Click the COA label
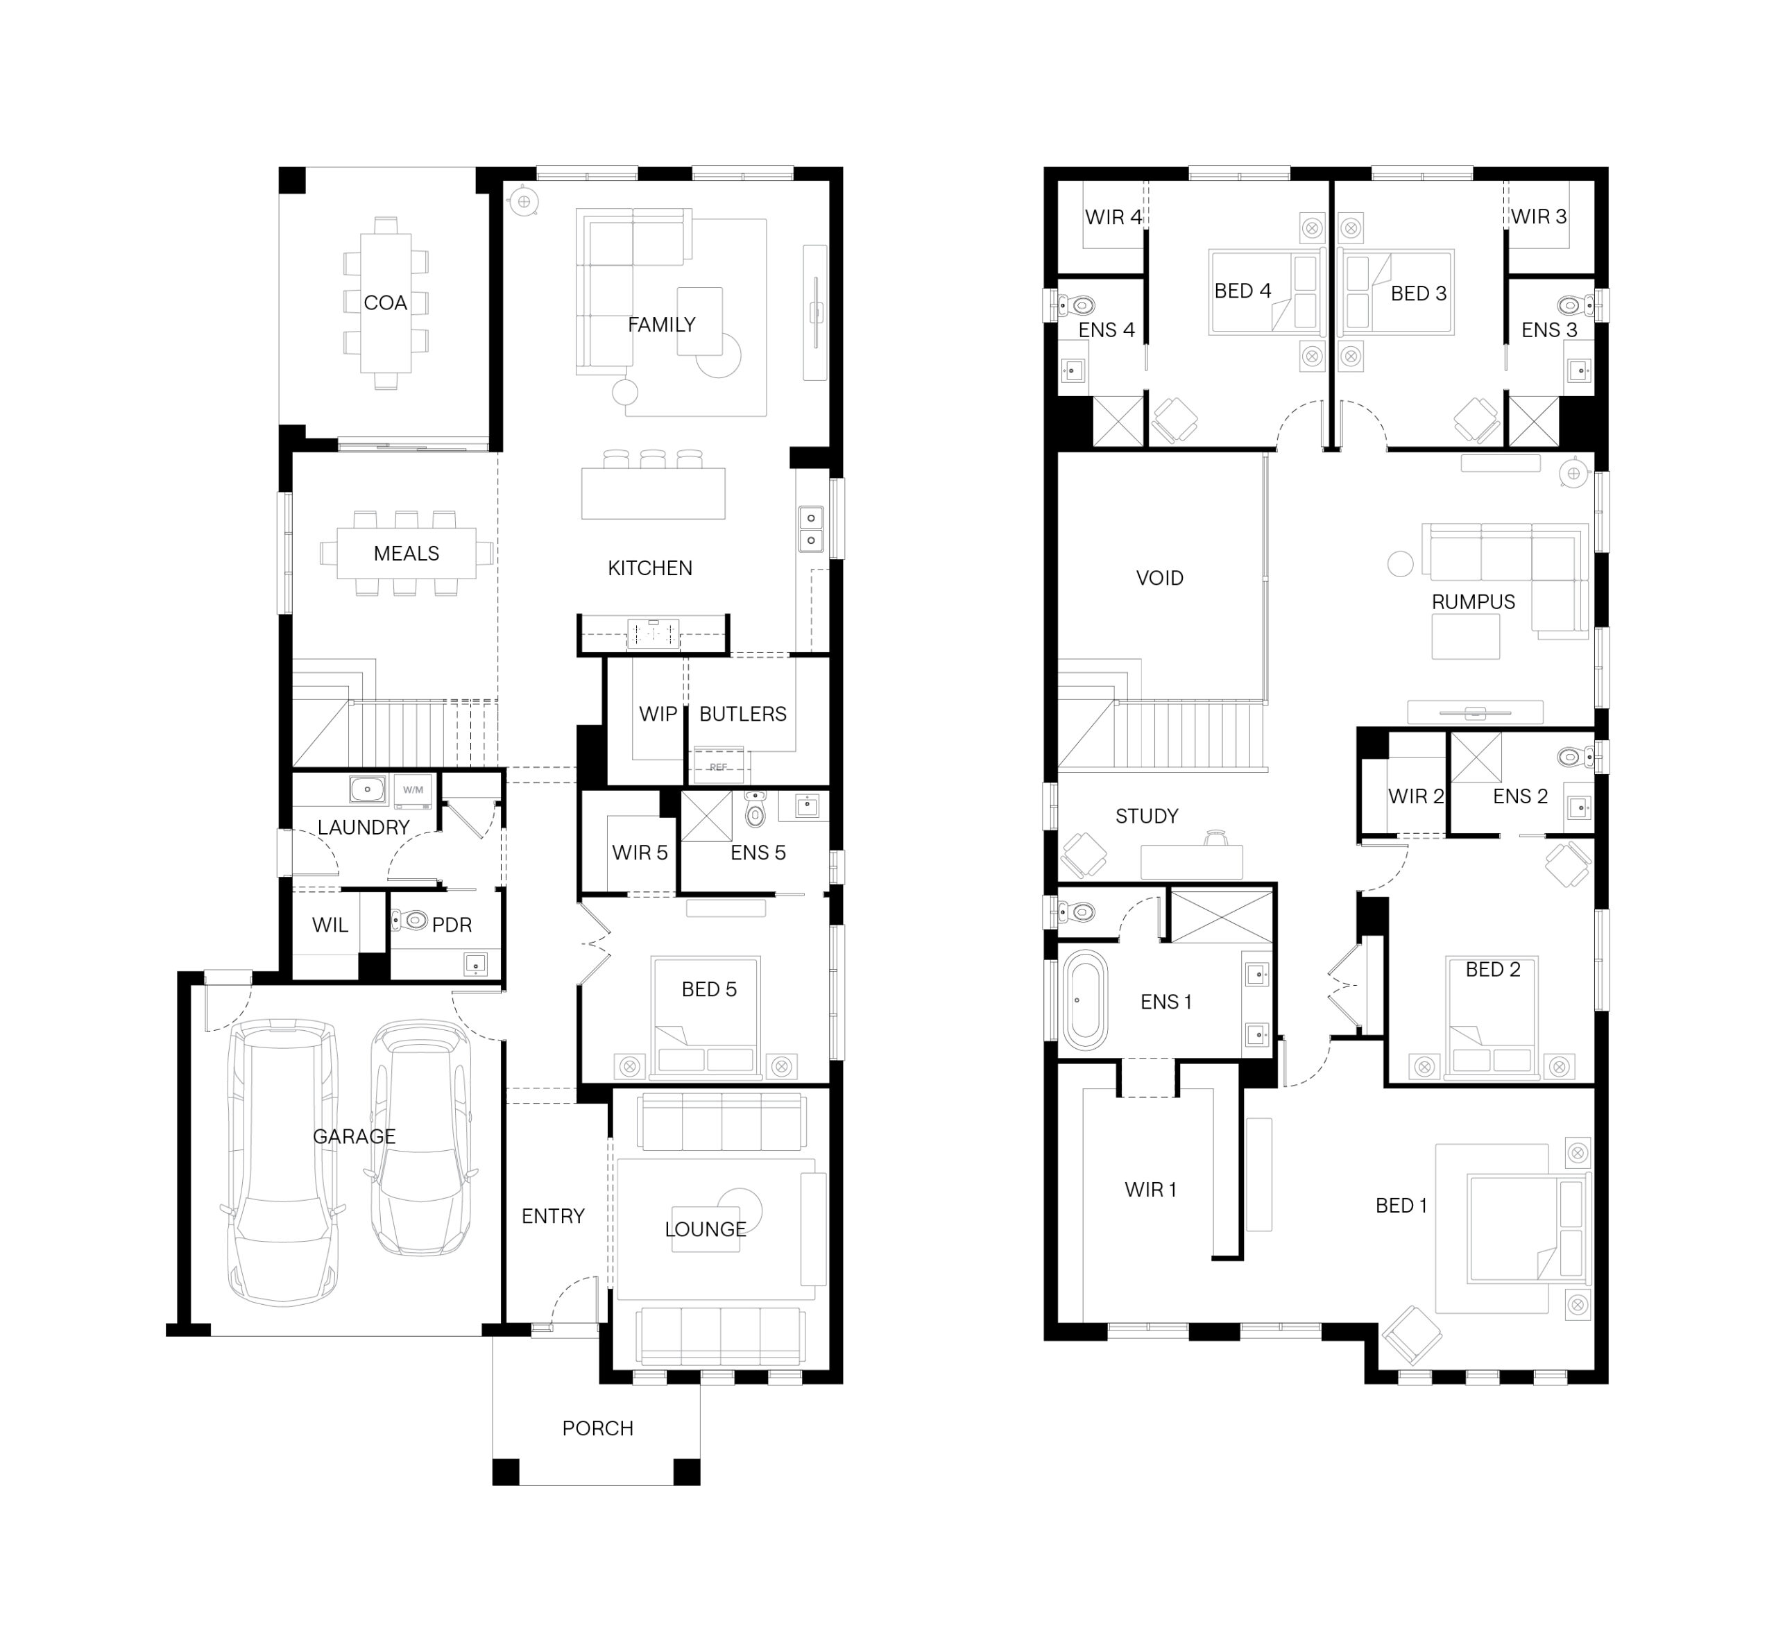tap(385, 303)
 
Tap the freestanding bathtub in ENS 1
tap(1084, 1000)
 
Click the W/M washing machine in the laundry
tap(413, 789)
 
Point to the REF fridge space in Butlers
tap(718, 767)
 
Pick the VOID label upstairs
tap(1159, 578)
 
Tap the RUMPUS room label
tap(1473, 602)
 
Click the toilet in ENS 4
tap(1075, 305)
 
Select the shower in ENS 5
tap(707, 816)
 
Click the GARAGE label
tap(354, 1136)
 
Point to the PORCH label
tap(597, 1428)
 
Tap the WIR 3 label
tap(1538, 216)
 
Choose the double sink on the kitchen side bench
tap(810, 529)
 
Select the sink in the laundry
tap(367, 789)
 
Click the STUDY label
tap(1147, 816)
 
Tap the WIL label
tap(330, 925)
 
